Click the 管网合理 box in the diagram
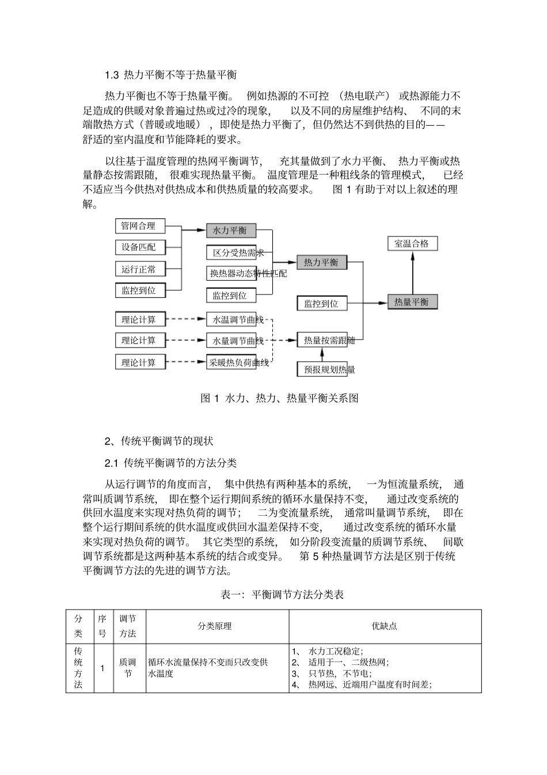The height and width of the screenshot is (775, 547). click(140, 226)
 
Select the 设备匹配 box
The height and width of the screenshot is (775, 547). click(140, 247)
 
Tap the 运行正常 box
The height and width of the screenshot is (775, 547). click(140, 269)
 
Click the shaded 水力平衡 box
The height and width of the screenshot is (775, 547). click(231, 230)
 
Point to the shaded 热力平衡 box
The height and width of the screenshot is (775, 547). click(322, 263)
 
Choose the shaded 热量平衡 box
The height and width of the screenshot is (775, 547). click(412, 301)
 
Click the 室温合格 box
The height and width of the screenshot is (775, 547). click(412, 243)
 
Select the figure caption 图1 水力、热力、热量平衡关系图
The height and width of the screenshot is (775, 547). click(279, 398)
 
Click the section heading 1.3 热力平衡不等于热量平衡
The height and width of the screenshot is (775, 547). click(170, 75)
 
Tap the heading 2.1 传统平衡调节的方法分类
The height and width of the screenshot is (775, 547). click(170, 463)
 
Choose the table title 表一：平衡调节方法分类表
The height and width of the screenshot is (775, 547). click(282, 594)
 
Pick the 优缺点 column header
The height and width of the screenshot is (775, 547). click(385, 626)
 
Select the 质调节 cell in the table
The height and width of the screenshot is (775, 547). click(128, 668)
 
